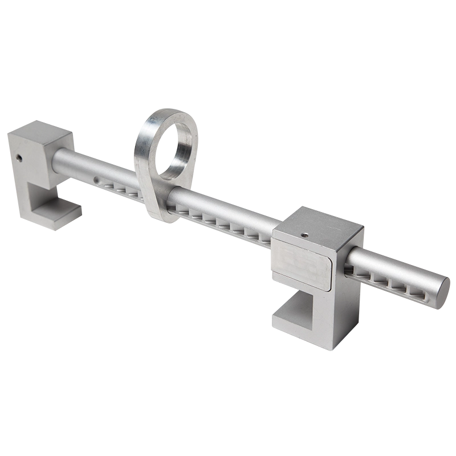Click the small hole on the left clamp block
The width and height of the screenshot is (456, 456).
coord(19,157)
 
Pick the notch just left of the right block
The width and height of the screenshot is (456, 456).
coord(264,238)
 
